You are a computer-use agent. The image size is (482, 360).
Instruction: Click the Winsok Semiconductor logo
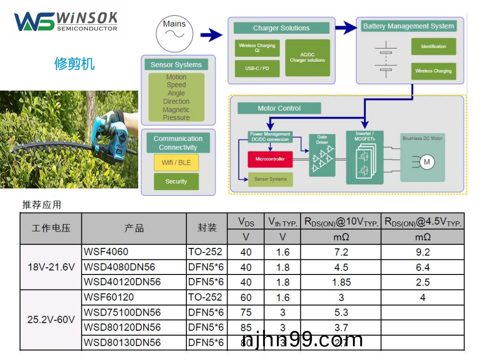pyautogui.click(x=66, y=21)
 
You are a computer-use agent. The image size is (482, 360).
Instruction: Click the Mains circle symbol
pyautogui.click(x=174, y=33)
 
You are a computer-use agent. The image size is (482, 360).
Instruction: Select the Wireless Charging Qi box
pyautogui.click(x=257, y=48)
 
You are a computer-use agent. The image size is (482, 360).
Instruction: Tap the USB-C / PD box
pyautogui.click(x=257, y=69)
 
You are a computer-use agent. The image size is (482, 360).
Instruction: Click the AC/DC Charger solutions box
pyautogui.click(x=307, y=58)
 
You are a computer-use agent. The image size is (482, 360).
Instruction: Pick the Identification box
pyautogui.click(x=433, y=47)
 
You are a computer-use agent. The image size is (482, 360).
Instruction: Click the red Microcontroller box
pyautogui.click(x=270, y=159)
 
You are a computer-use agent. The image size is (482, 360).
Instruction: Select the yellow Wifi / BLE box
pyautogui.click(x=176, y=162)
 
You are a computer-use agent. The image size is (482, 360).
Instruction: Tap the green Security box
pyautogui.click(x=176, y=182)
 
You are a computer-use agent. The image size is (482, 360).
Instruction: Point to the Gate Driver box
pyautogui.click(x=322, y=156)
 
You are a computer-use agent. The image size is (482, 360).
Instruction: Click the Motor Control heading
pyautogui.click(x=279, y=108)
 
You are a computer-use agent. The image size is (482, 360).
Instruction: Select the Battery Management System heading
pyautogui.click(x=408, y=26)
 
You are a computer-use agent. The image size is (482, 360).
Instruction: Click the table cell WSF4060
pyautogui.click(x=106, y=252)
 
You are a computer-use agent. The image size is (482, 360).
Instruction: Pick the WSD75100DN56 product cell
pyautogui.click(x=122, y=312)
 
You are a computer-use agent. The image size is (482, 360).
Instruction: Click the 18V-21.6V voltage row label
pyautogui.click(x=51, y=267)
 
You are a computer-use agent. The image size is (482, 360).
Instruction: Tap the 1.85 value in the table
pyautogui.click(x=341, y=282)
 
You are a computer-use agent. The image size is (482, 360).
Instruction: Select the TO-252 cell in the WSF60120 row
pyautogui.click(x=206, y=297)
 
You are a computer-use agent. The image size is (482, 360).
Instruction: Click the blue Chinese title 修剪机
pyautogui.click(x=74, y=64)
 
